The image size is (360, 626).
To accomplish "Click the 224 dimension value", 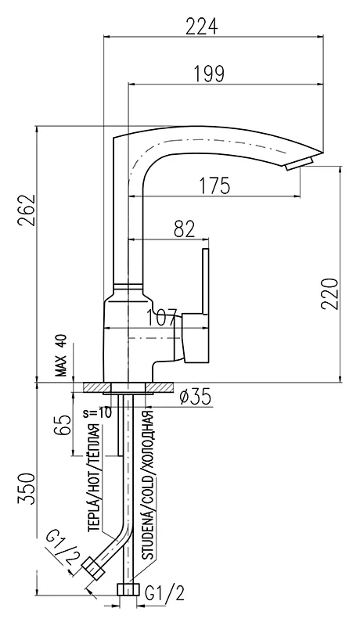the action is [202, 27].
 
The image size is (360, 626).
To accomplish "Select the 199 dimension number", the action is [209, 74].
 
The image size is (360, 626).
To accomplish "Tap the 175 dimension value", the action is [214, 185].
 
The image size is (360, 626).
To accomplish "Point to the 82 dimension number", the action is [185, 229].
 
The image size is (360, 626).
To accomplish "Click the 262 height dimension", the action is [27, 210].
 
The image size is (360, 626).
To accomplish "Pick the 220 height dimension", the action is [330, 294].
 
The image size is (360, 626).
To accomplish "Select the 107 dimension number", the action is [161, 318].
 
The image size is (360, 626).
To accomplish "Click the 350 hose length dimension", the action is [27, 488].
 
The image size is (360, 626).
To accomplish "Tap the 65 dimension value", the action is [63, 424].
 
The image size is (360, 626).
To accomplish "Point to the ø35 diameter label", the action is [195, 397].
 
